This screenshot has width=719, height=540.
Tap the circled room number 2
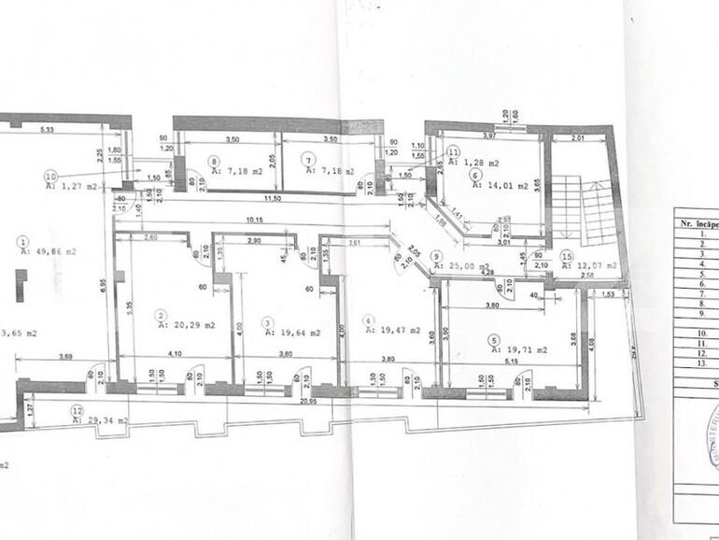pyautogui.click(x=161, y=316)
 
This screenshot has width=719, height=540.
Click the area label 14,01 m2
pyautogui.click(x=501, y=186)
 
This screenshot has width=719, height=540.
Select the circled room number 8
pyautogui.click(x=214, y=160)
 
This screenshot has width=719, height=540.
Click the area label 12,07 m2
pyautogui.click(x=600, y=265)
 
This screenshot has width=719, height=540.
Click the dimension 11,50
pyautogui.click(x=272, y=199)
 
